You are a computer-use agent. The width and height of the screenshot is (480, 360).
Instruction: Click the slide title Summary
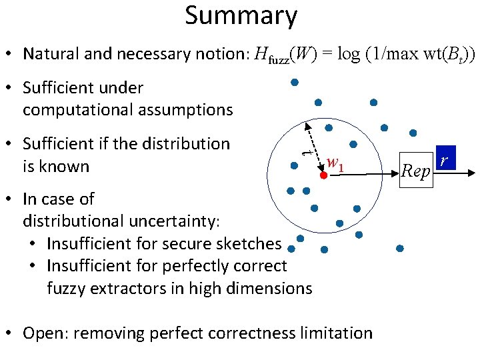pyautogui.click(x=241, y=16)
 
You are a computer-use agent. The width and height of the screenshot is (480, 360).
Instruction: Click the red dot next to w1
pyautogui.click(x=323, y=175)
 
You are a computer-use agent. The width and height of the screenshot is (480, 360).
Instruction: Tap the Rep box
pyautogui.click(x=417, y=171)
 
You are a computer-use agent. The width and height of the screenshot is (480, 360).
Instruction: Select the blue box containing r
pyautogui.click(x=444, y=159)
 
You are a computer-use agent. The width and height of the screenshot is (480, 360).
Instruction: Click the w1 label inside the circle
pyautogui.click(x=335, y=163)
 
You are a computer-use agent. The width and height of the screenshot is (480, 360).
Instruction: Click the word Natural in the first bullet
pyautogui.click(x=49, y=53)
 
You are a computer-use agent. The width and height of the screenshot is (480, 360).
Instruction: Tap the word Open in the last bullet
pyautogui.click(x=44, y=333)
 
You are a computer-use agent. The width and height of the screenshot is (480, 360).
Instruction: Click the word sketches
pyautogui.click(x=249, y=243)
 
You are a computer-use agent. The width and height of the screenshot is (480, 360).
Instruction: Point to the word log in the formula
pyautogui.click(x=349, y=53)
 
